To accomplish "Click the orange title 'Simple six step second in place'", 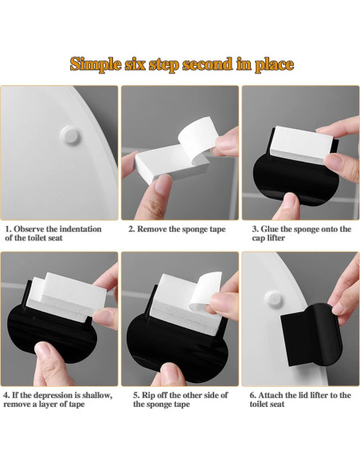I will (x=182, y=64).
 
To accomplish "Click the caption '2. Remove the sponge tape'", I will (x=178, y=229).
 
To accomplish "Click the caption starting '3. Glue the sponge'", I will (x=301, y=233).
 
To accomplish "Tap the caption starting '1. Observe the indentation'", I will (x=54, y=233).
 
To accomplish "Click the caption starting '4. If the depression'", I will (x=58, y=400).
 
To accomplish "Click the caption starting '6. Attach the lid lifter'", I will (x=300, y=400).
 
